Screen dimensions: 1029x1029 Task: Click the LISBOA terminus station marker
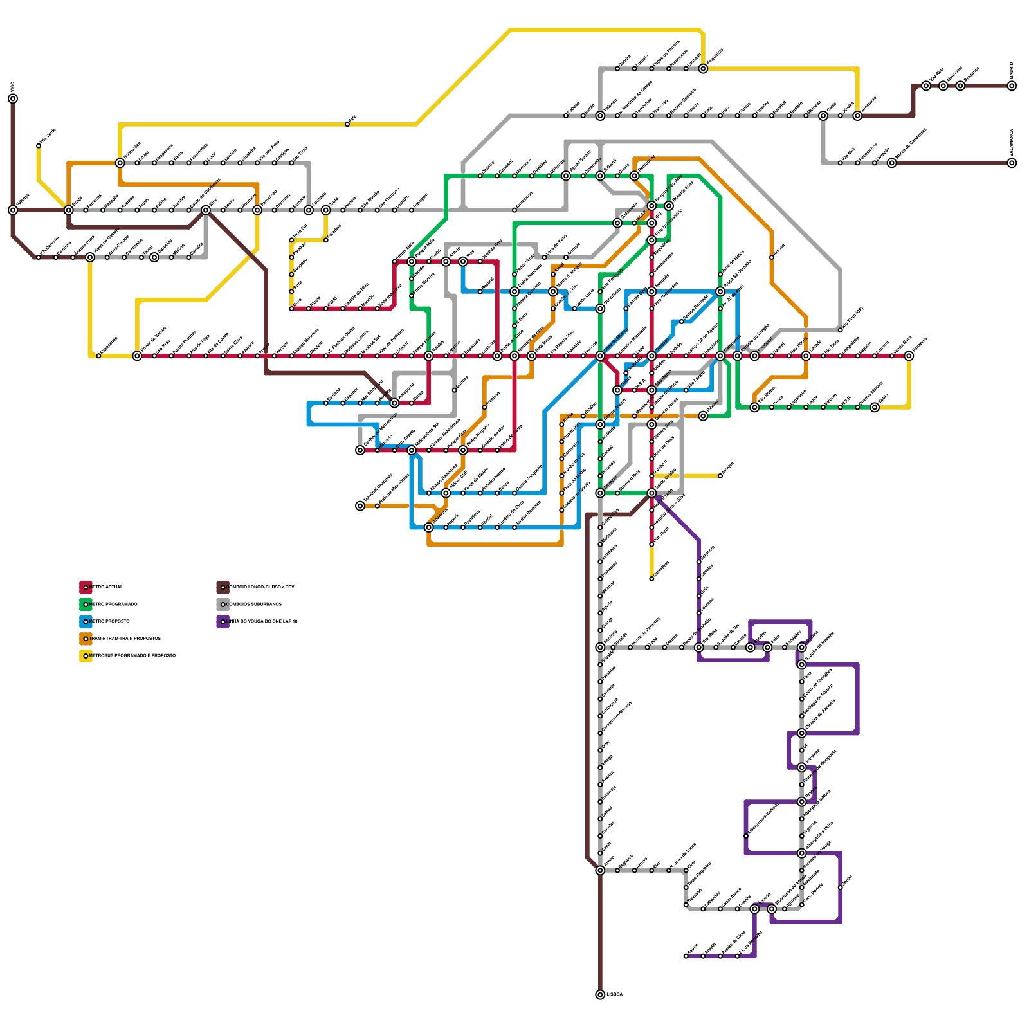[600, 994]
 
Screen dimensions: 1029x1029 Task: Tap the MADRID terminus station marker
[1012, 86]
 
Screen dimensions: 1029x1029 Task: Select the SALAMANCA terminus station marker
[1012, 163]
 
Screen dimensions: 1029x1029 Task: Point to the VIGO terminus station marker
[13, 98]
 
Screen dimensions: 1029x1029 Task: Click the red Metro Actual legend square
[86, 587]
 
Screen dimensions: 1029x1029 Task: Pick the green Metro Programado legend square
[86, 605]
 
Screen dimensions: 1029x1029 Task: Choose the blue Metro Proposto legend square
[86, 621]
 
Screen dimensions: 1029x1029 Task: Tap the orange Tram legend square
[86, 639]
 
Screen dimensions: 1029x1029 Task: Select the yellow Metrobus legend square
[86, 656]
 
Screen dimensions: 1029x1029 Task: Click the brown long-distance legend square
[223, 587]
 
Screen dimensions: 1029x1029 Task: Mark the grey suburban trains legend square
[223, 605]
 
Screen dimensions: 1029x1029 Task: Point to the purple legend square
[223, 621]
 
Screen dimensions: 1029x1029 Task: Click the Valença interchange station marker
[13, 210]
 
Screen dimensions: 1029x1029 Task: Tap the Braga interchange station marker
[69, 210]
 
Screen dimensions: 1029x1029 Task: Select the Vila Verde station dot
[39, 146]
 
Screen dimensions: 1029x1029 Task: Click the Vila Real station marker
[926, 86]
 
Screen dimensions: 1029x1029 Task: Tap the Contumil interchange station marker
[754, 356]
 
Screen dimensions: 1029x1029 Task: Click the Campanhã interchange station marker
[720, 356]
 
